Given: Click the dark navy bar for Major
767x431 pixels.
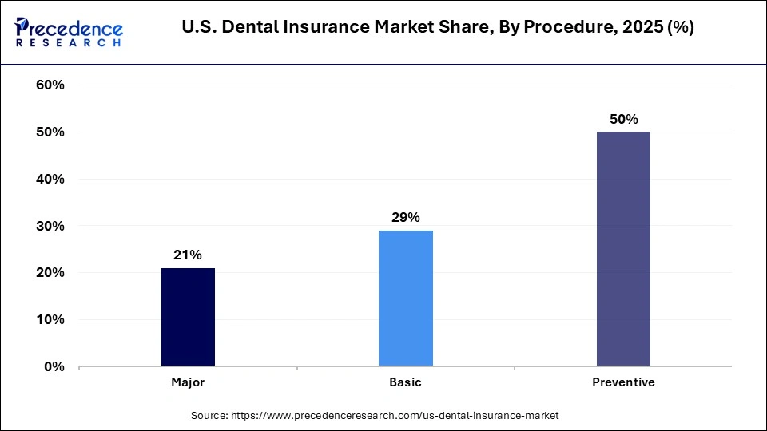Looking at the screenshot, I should (x=188, y=317).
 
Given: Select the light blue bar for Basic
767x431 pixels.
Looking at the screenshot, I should (x=406, y=299).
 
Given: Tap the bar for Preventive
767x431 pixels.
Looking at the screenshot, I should (x=623, y=249).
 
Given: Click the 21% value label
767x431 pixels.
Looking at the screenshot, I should (x=188, y=255).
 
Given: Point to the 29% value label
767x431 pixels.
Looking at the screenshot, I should (x=406, y=217).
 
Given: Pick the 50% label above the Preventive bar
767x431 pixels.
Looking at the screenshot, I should (x=623, y=119).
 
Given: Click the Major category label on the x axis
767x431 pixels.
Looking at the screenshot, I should (x=188, y=382).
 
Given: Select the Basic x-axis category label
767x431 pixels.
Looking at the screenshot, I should (x=406, y=382).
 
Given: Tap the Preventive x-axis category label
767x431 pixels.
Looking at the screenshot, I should (x=623, y=382).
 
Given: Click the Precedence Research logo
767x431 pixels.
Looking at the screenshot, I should (x=69, y=30).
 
